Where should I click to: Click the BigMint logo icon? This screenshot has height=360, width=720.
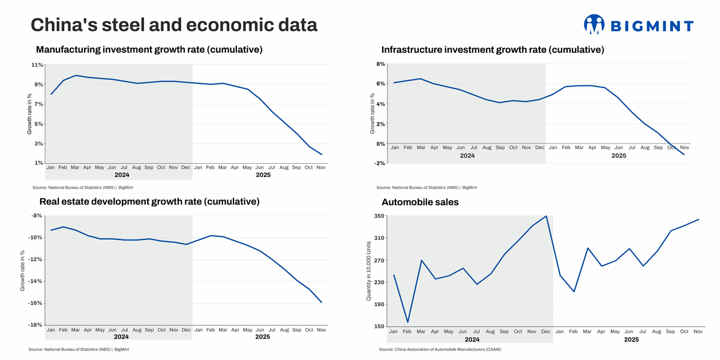coord(593,24)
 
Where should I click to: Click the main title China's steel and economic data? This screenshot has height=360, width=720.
coord(174,25)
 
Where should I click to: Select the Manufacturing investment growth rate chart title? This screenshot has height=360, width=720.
coord(149,50)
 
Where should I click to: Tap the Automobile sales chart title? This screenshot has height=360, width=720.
coord(420,202)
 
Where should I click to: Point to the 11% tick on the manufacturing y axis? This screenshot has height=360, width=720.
coord(37,65)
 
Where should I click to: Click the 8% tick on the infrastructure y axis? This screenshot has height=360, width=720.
coord(380,64)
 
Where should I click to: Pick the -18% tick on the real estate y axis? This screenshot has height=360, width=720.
coord(35,325)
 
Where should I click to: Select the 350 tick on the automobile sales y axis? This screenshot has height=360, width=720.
coord(379,216)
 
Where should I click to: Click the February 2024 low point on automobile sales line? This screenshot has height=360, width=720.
coord(407,322)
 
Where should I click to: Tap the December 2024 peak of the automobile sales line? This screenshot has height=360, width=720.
coord(546,216)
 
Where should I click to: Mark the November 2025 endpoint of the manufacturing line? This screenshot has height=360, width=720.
coord(322,155)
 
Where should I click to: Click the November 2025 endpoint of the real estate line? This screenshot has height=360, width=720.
coord(322,302)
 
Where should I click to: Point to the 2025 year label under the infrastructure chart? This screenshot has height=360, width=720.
coord(619,155)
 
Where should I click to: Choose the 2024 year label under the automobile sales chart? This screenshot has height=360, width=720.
coord(472,340)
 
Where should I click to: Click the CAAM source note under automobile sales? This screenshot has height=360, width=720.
coord(440,349)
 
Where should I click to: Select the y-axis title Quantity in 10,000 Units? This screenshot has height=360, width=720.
coord(369,271)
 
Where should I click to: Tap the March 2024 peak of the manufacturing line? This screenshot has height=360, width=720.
coord(76,75)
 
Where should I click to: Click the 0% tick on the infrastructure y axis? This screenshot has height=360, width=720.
coord(380,144)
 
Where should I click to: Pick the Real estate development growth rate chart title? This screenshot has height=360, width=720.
coord(149,202)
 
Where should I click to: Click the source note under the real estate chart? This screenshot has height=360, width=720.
coord(79,349)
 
